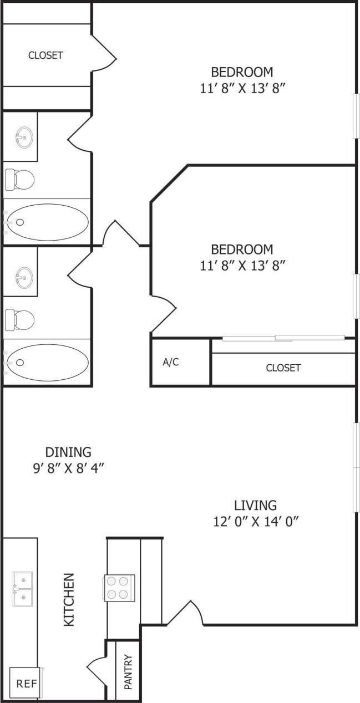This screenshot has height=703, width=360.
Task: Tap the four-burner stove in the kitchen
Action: click(119, 588)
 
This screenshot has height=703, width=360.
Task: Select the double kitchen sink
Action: click(23, 589)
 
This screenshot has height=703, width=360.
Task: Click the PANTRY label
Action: click(128, 672)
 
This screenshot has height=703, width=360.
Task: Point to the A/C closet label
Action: click(171, 363)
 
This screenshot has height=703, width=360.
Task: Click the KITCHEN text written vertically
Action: click(69, 600)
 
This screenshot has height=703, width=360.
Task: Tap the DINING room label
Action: click(68, 452)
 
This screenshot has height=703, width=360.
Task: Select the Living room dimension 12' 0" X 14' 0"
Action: click(255, 522)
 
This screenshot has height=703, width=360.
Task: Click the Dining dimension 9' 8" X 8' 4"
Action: click(68, 468)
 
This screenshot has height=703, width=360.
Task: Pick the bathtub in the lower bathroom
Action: click(48, 363)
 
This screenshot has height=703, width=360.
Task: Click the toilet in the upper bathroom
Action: click(20, 179)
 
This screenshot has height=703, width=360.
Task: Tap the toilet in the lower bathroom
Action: click(20, 319)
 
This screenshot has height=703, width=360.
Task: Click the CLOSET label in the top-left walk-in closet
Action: click(45, 55)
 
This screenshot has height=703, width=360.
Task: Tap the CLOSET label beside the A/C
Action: click(283, 368)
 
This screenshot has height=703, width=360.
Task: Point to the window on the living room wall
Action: click(356, 467)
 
